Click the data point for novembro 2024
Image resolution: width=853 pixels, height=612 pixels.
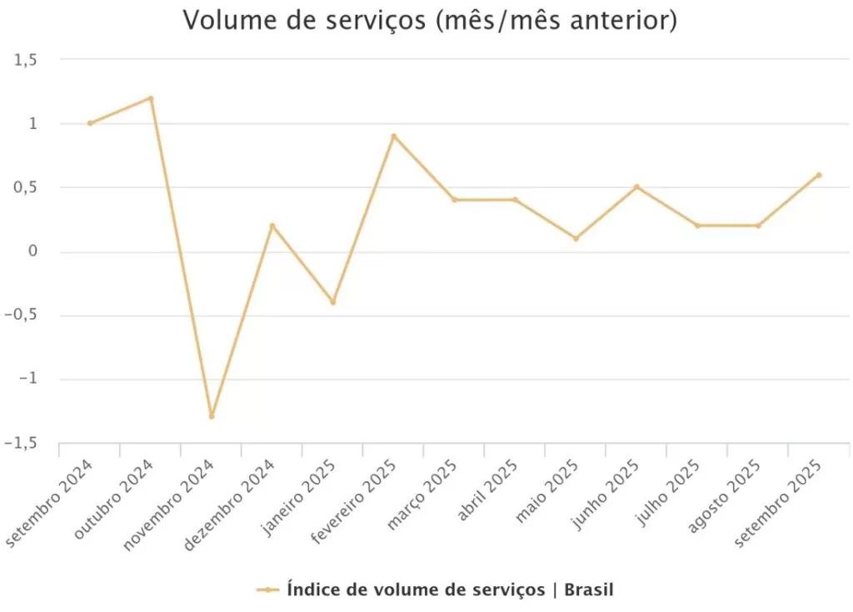point(212,415)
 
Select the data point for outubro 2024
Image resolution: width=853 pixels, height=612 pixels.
point(151,98)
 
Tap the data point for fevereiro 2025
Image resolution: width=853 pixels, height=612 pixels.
point(394,136)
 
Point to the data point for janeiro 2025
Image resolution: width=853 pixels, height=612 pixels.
point(333,302)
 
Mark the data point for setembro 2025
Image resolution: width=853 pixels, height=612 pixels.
point(819,175)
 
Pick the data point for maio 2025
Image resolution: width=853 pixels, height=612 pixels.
point(576,238)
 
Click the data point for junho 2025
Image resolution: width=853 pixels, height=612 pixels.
point(636,187)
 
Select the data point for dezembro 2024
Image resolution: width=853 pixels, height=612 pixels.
point(272,226)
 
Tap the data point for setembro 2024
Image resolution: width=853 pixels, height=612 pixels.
point(90,123)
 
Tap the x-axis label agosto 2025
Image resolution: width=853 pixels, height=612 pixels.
point(725,495)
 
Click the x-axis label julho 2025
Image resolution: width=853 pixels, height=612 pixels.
point(666,492)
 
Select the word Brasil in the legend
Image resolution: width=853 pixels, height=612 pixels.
point(589,590)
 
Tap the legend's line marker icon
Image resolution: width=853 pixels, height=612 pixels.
point(267,590)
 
